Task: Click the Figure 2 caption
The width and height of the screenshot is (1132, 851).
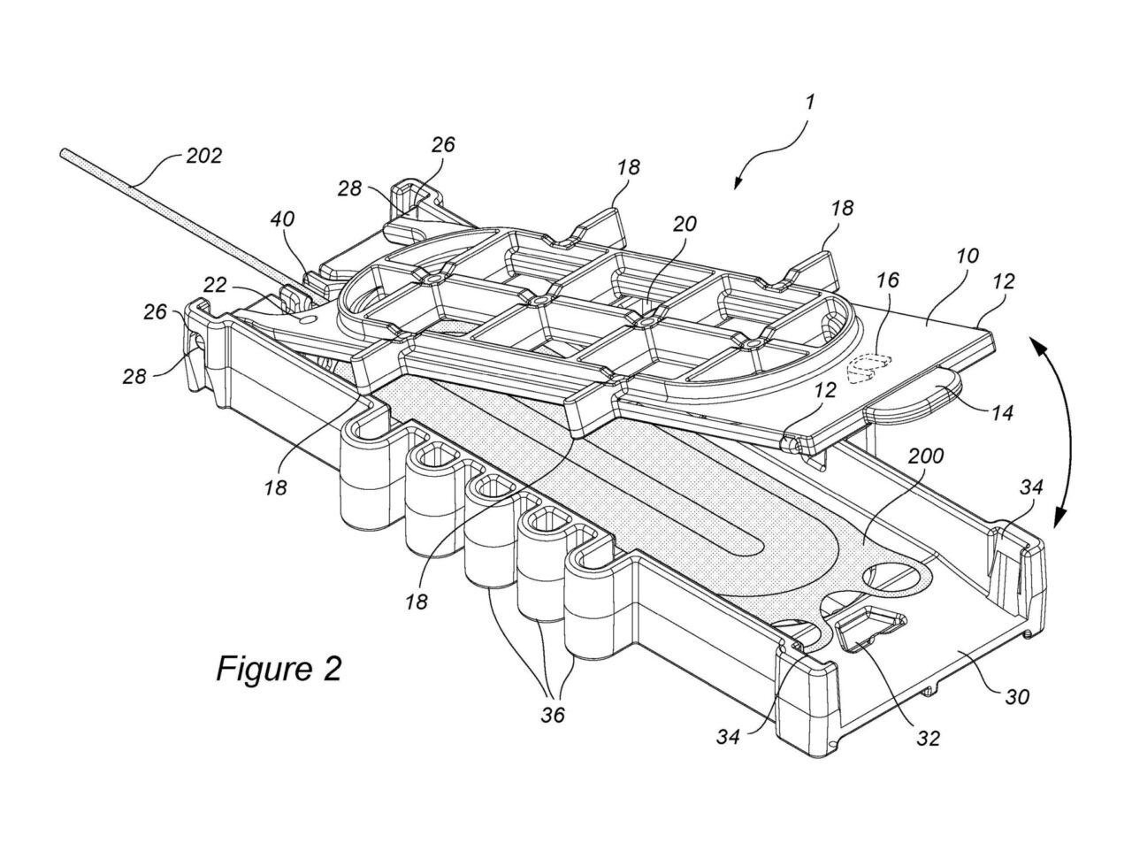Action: [x=279, y=668]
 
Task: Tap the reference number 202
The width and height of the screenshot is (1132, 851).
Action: [x=204, y=157]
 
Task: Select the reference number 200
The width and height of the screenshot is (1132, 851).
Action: [x=927, y=456]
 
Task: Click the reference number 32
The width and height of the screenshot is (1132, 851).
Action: [x=928, y=737]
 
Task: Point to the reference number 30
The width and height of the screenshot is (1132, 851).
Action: [x=1017, y=697]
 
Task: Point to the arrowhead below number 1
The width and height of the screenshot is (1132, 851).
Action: [x=737, y=183]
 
